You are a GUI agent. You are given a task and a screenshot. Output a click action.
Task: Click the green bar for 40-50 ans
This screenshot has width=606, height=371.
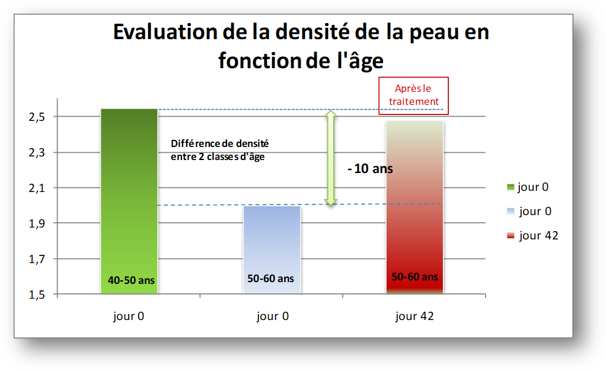coord(129,202)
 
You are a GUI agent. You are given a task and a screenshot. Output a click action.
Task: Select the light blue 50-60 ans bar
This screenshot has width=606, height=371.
coord(272,250)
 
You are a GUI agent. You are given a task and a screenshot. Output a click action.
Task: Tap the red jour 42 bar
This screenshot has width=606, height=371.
coord(414,207)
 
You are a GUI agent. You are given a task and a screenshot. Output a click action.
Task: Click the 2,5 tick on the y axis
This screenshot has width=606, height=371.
coord(37,117)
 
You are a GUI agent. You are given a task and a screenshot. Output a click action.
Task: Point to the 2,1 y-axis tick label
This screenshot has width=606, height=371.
coord(37,188)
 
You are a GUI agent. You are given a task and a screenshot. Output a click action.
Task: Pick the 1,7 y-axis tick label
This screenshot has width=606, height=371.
coord(37,259)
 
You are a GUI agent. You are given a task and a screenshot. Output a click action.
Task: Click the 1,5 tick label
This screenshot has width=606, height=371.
coord(37,295)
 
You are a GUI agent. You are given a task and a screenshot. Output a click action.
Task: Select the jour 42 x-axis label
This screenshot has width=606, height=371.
coord(414,316)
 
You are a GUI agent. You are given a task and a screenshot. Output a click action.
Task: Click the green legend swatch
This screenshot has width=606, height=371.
coord(511,187)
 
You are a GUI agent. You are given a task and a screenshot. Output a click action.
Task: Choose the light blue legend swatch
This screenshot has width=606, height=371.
coord(511,212)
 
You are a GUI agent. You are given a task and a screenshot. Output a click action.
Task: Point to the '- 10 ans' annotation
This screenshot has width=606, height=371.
coord(370,168)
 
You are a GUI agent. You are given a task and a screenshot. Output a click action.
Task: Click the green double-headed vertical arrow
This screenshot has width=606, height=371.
coord(330,158)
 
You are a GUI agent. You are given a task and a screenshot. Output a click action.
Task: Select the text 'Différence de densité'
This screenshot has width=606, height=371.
coord(220,143)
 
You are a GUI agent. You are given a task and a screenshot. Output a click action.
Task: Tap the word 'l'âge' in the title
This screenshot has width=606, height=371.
coord(360,60)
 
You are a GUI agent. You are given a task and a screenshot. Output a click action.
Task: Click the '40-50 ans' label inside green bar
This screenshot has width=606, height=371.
coord(131,280)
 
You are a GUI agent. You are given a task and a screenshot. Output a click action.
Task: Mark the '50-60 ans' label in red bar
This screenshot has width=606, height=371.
coord(414,277)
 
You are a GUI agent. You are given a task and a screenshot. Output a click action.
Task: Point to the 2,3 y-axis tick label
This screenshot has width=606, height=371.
coord(37,153)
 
